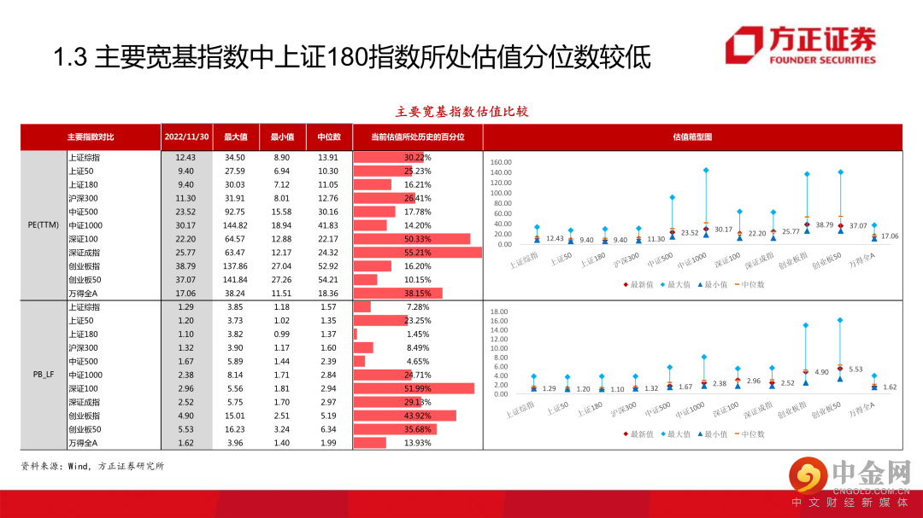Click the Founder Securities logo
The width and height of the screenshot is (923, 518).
tap(801, 47)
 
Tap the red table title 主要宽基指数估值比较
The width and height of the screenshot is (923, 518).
tap(461, 112)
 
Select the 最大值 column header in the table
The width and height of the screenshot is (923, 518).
tap(235, 137)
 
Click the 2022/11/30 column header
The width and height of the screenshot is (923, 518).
tap(186, 137)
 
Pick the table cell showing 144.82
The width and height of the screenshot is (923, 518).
tap(235, 225)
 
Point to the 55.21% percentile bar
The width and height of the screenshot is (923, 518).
tap(418, 253)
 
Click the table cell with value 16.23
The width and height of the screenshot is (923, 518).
tap(235, 429)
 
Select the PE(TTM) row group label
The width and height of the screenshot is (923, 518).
tap(43, 225)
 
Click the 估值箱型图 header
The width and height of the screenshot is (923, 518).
tap(692, 137)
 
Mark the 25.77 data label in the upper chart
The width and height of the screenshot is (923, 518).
tap(791, 231)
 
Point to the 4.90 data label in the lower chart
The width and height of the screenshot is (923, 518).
tap(821, 372)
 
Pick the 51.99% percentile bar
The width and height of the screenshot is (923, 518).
tap(414, 388)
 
